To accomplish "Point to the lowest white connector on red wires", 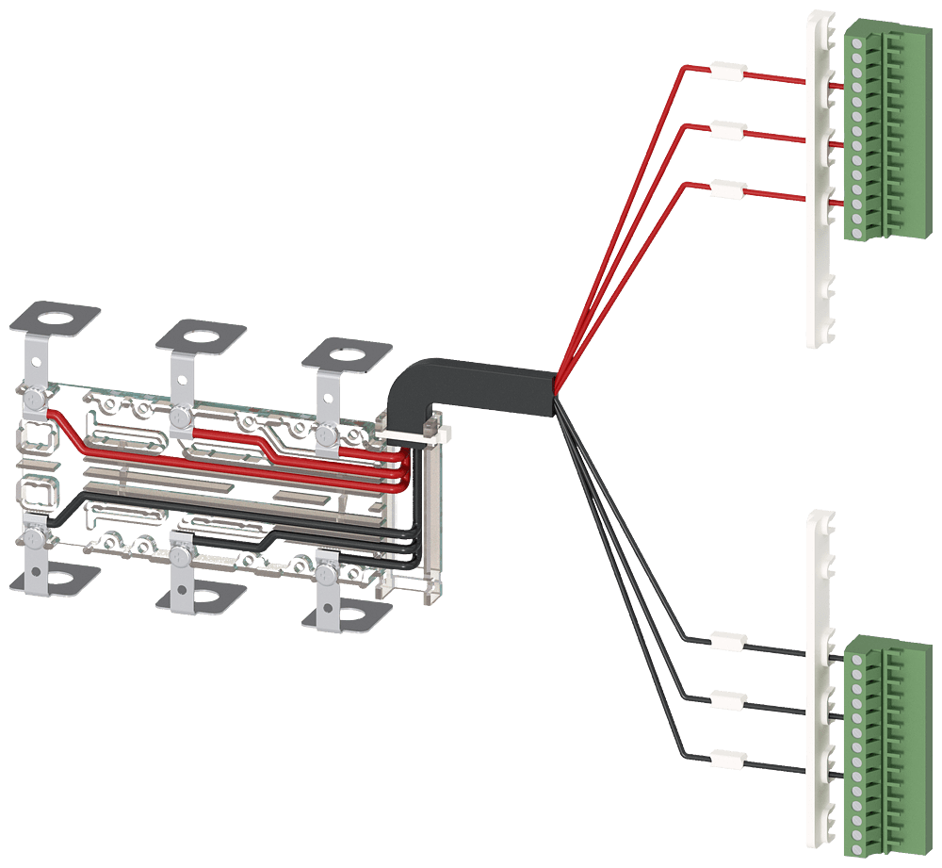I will tap(726, 189).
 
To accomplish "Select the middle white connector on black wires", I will tap(729, 700).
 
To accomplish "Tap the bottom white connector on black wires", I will tap(729, 759).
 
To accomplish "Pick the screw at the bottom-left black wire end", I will tap(35, 537).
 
